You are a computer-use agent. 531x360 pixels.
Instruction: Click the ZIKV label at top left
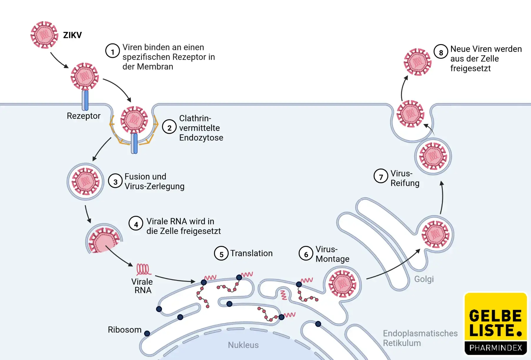tap(72, 35)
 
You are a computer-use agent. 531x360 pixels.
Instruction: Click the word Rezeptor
tap(84, 116)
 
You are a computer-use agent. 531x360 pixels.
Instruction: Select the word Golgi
tap(424, 279)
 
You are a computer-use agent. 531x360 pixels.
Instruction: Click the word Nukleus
tap(243, 345)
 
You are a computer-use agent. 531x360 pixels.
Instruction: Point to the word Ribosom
tap(124, 329)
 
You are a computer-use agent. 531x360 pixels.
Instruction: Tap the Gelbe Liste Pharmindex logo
tap(495, 324)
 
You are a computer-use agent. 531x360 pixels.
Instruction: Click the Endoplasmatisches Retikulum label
tap(420, 338)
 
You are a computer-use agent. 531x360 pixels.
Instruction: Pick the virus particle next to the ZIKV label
tap(44, 35)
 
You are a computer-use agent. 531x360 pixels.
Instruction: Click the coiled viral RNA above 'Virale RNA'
tap(143, 269)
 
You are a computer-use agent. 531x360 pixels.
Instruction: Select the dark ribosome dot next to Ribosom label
tap(147, 333)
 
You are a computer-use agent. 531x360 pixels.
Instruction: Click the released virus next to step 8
tap(417, 62)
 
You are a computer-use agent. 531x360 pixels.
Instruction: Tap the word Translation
tap(251, 253)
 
